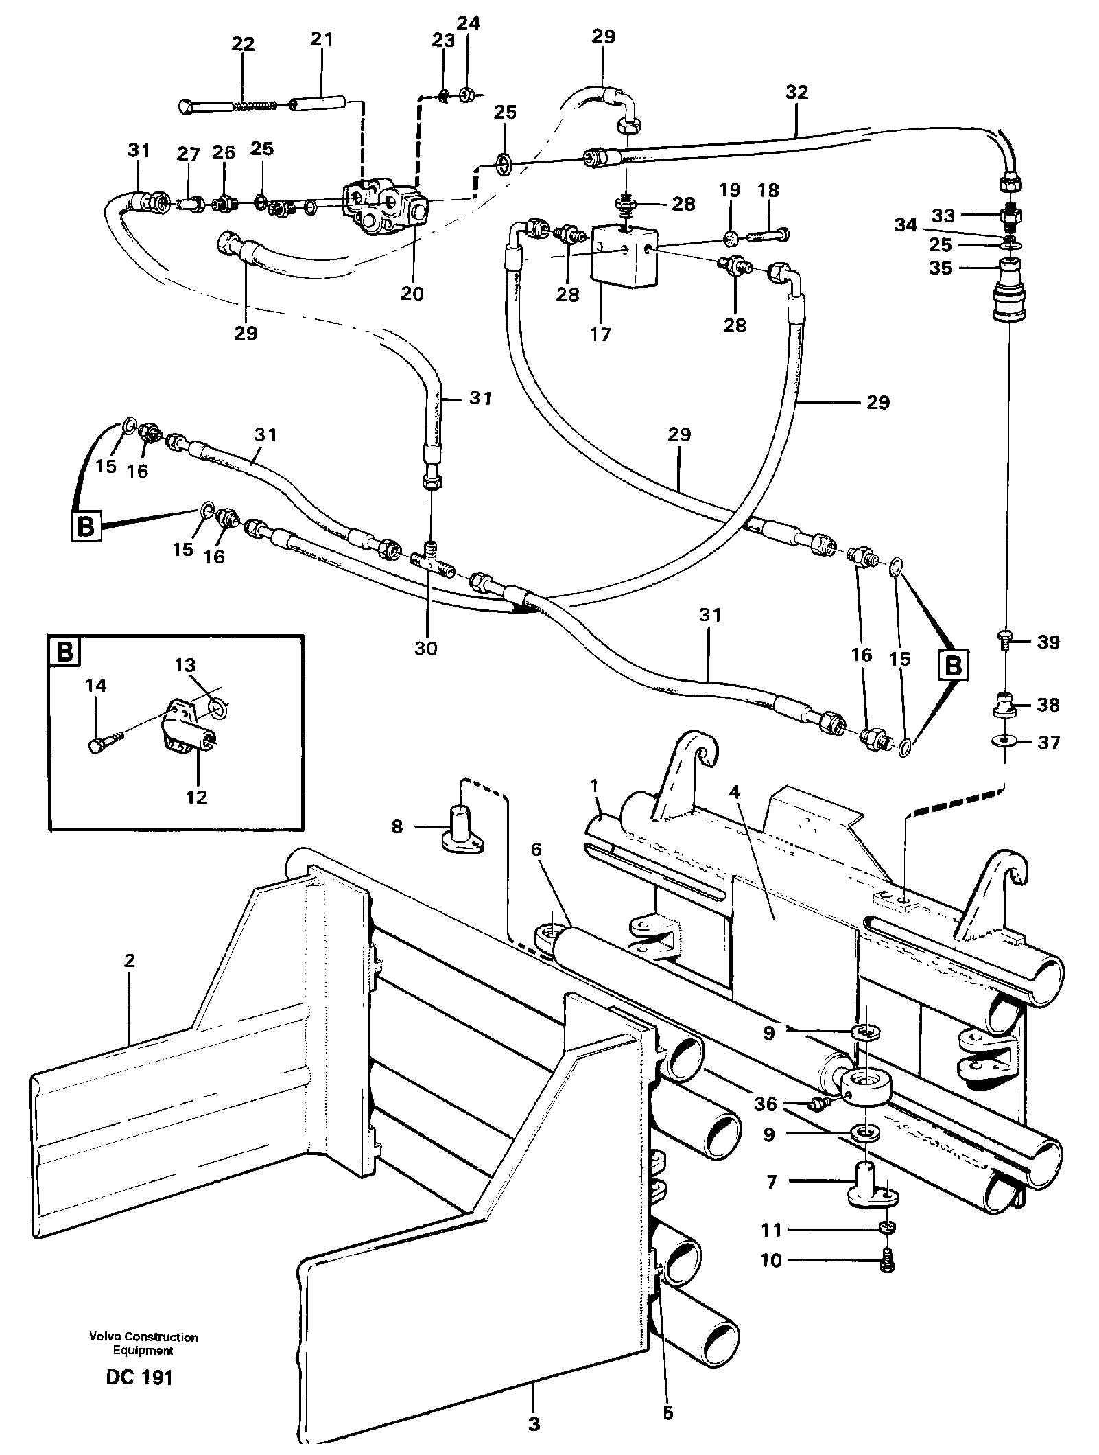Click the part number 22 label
[x=243, y=45]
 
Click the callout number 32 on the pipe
[x=796, y=92]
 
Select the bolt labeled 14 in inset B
[x=99, y=744]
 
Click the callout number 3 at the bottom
[x=534, y=1424]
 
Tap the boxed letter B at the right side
[x=954, y=664]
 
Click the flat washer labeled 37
[x=1005, y=742]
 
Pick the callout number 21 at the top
[x=321, y=39]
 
